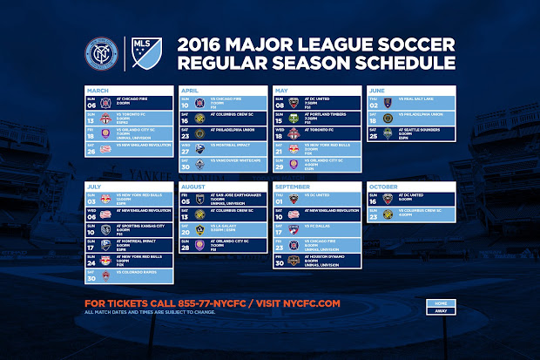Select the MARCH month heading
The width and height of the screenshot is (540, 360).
pos(98,90)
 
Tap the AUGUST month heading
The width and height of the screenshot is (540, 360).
pos(193,186)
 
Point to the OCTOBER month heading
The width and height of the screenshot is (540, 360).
pos(383,186)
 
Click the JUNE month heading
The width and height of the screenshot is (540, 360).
pos(378,90)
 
